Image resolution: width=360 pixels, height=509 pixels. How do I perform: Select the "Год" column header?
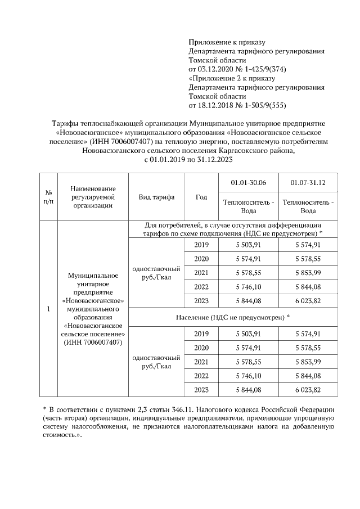pos(201,197)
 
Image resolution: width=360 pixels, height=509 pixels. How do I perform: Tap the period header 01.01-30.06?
pos(248,183)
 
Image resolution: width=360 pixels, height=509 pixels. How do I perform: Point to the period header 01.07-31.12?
pos(308,183)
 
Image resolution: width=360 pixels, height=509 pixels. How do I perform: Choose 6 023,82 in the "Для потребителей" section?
pos(308,301)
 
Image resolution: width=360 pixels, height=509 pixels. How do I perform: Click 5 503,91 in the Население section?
pos(248,334)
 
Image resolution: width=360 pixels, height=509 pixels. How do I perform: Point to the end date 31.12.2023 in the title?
pos(212,160)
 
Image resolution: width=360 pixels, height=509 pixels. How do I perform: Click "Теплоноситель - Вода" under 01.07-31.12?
pos(308,206)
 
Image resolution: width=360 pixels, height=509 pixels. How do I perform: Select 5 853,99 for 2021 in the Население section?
pos(308,362)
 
